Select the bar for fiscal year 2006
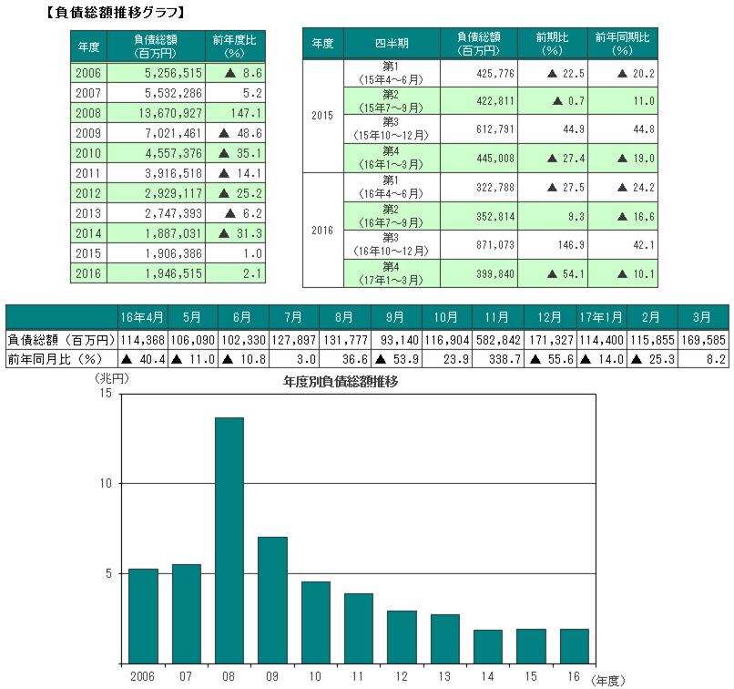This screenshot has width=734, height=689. point(143,615)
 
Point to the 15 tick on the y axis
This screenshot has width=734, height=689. point(106,393)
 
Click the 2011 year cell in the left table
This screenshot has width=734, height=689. point(88,173)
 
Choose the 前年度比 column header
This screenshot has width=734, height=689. point(235,45)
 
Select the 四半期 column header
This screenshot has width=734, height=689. point(391,44)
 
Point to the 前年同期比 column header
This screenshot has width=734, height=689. point(622,44)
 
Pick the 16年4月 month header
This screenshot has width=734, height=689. point(142,317)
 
